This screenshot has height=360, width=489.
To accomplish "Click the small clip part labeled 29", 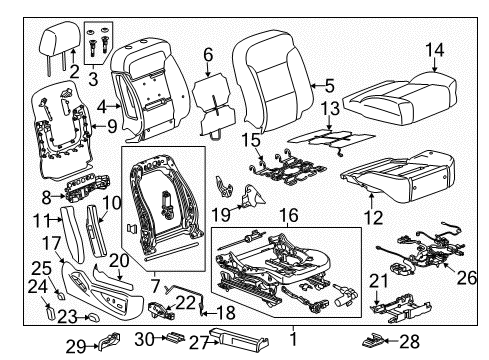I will tap(108, 347).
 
